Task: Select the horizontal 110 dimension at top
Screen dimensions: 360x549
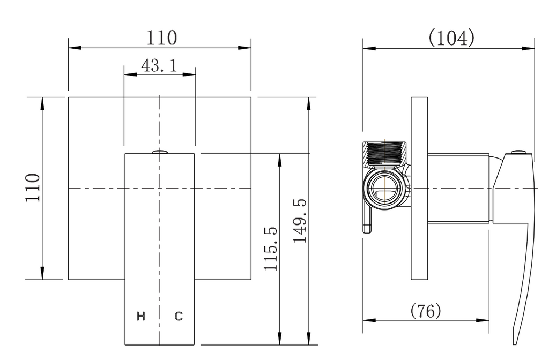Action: pyautogui.click(x=161, y=38)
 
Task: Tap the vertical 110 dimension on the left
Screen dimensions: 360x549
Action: pyautogui.click(x=34, y=187)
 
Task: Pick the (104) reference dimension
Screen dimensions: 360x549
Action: pyautogui.click(x=451, y=38)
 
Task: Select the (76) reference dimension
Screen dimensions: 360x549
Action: pyautogui.click(x=425, y=310)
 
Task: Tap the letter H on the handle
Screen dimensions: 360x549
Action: pyautogui.click(x=141, y=316)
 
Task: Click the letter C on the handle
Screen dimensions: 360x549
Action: pyautogui.click(x=179, y=316)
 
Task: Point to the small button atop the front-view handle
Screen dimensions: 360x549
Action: pyautogui.click(x=160, y=152)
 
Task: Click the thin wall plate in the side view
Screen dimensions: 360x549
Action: pyautogui.click(x=419, y=188)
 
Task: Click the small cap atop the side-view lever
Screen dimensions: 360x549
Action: pyautogui.click(x=517, y=153)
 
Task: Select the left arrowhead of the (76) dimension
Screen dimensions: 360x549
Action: pyautogui.click(x=367, y=320)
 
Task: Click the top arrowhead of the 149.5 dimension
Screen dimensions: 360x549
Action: pyautogui.click(x=309, y=102)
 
